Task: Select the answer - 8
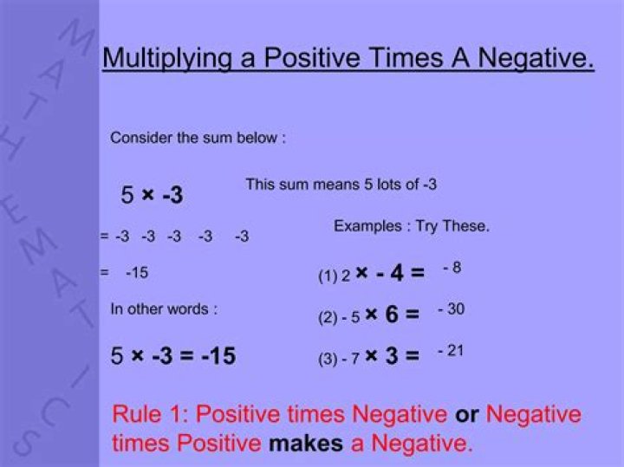pyautogui.click(x=452, y=268)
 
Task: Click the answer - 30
pyautogui.click(x=451, y=309)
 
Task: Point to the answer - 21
pyautogui.click(x=451, y=350)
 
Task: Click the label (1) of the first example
pyautogui.click(x=328, y=277)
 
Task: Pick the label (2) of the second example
pyautogui.click(x=328, y=317)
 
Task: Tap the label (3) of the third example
pyautogui.click(x=328, y=359)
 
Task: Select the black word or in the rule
pyautogui.click(x=467, y=414)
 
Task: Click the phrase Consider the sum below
pyautogui.click(x=198, y=138)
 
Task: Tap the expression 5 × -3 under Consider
pyautogui.click(x=152, y=196)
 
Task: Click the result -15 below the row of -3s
pyautogui.click(x=137, y=273)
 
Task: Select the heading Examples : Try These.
pyautogui.click(x=412, y=226)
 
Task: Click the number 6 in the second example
pyautogui.click(x=392, y=315)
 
